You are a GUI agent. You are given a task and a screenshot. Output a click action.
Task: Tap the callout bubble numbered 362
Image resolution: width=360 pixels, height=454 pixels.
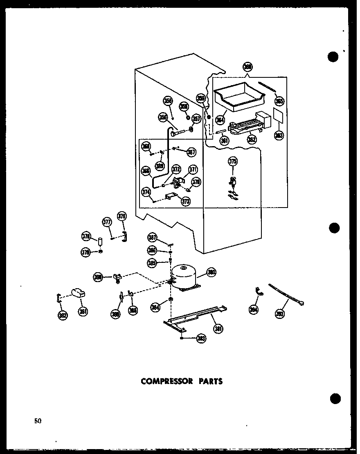click(x=252, y=139)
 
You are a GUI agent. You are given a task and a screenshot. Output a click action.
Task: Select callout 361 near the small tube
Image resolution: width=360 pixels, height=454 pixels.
click(x=224, y=140)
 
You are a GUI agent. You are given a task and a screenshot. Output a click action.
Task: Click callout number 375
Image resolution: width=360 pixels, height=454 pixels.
click(x=233, y=162)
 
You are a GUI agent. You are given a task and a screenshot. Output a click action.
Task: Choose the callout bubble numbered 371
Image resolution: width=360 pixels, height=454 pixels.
click(x=192, y=170)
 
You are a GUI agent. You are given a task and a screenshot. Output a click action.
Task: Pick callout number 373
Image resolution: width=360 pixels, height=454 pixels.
click(x=186, y=201)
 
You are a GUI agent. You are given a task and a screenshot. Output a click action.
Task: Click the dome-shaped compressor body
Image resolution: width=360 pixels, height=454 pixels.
click(x=184, y=276)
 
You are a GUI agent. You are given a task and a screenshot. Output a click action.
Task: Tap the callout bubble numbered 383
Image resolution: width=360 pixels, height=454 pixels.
click(x=201, y=338)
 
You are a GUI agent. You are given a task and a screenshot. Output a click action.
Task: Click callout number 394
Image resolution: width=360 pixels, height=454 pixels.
click(x=253, y=310)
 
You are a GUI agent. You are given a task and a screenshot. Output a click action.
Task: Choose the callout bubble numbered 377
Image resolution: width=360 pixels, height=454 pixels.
click(x=107, y=222)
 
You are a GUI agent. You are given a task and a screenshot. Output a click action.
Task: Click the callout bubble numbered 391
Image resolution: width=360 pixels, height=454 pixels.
click(x=83, y=312)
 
